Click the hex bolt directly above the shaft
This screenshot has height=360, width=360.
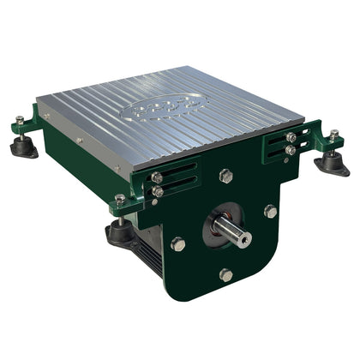coord(225,176)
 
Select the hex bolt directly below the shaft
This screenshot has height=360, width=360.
coord(225,275)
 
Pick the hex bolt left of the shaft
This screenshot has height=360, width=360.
coord(178,243)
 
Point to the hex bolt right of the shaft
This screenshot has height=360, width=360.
coord(270,211)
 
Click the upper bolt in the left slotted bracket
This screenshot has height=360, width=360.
coord(157,178)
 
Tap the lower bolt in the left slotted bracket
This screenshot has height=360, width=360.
coord(158,192)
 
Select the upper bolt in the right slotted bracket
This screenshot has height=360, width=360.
coord(291,137)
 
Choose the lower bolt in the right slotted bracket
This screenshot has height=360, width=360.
coord(291,150)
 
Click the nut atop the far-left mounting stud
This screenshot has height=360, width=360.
coord(19,120)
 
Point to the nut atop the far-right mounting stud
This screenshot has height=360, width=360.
coord(333,135)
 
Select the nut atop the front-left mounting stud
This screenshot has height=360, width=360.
coord(119,198)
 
